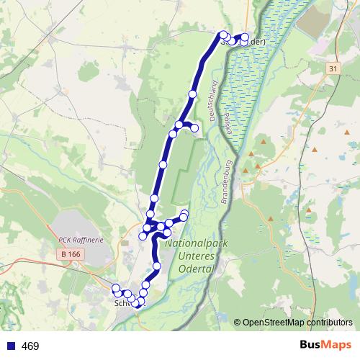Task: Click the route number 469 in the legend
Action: tap(30, 346)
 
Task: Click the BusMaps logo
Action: tap(326, 346)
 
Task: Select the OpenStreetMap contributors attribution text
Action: tap(297, 323)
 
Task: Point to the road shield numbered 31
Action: tap(332, 68)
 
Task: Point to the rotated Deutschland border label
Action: tap(212, 104)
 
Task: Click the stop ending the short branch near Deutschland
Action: tap(194, 127)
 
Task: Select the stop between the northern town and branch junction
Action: tap(192, 94)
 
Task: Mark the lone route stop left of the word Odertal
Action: tap(157, 266)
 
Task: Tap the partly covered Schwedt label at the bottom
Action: tap(122, 304)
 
